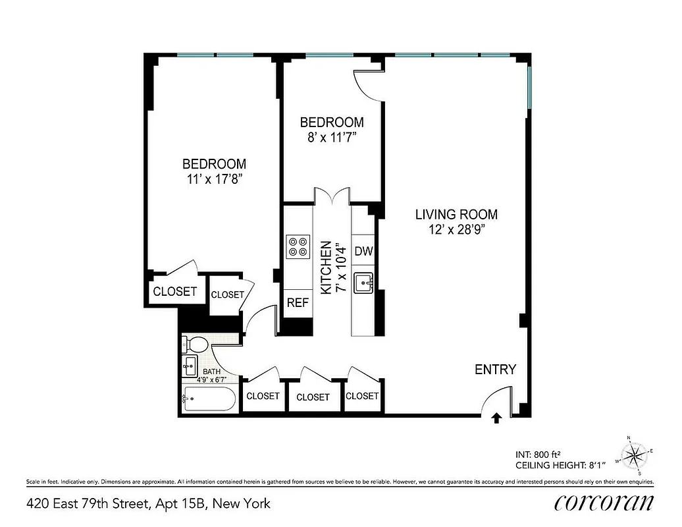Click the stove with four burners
(x=298, y=246)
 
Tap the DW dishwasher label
(x=363, y=251)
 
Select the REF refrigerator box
(x=296, y=303)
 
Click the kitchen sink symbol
(x=363, y=283)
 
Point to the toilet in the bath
(x=196, y=343)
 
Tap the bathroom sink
(x=190, y=365)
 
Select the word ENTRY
(x=495, y=370)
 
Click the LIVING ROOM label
(x=456, y=214)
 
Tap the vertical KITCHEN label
(x=325, y=267)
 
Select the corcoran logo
(x=604, y=503)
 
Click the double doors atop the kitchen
(x=332, y=196)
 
